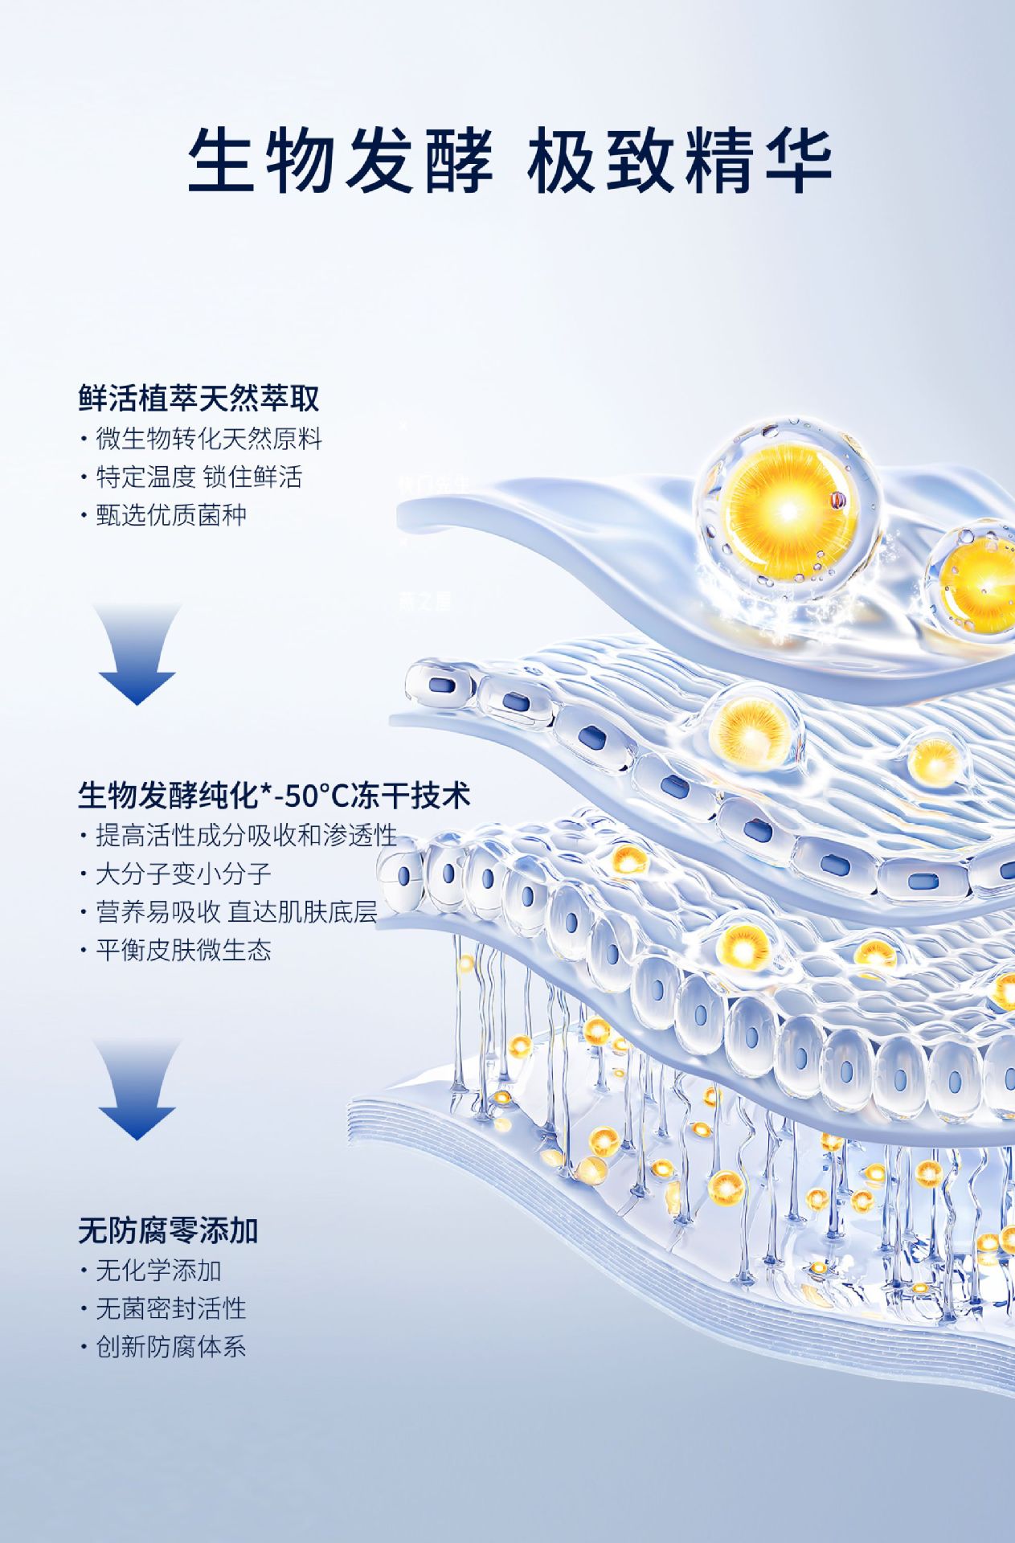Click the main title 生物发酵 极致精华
(510, 158)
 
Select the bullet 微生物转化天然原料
(208, 439)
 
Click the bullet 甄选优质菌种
(170, 514)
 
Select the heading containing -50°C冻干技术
(273, 796)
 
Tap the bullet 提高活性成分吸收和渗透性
(246, 835)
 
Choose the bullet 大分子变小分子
(183, 874)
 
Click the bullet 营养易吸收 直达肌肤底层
(236, 911)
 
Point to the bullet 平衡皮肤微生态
(183, 950)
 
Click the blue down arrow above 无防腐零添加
(137, 1090)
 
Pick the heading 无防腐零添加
(168, 1230)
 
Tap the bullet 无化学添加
(158, 1271)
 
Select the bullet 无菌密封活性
(170, 1308)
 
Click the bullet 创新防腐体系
(170, 1347)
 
